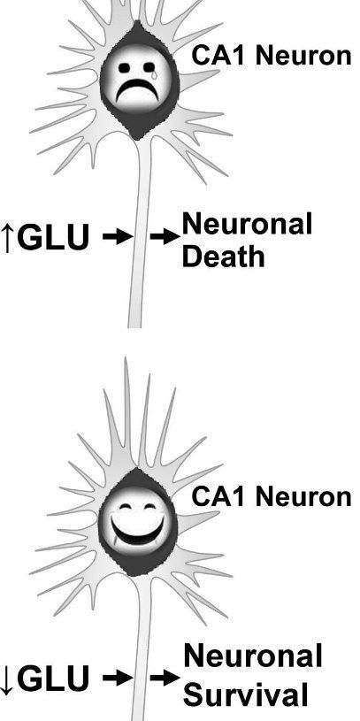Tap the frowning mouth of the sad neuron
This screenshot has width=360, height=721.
[x=137, y=91]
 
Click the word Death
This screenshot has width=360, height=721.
[x=224, y=257]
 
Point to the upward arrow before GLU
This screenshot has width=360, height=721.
[x=6, y=238]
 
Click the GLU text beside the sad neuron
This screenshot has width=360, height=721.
[x=54, y=238]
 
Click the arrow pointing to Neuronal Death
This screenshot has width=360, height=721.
[x=165, y=237]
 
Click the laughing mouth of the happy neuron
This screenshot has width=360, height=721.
[x=137, y=530]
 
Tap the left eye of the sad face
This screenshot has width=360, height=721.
[x=124, y=68]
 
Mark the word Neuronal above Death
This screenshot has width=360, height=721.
[x=248, y=225]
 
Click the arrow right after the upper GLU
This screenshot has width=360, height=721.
[x=118, y=237]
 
